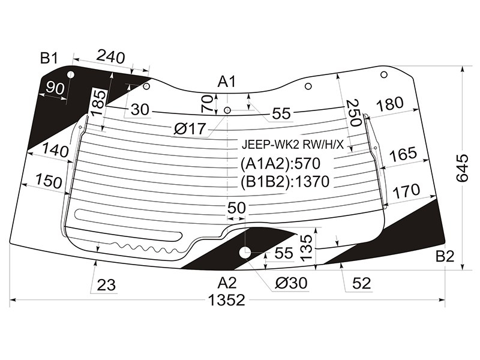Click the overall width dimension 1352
pyautogui.click(x=227, y=301)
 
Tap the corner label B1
pyautogui.click(x=49, y=58)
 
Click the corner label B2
pyautogui.click(x=445, y=256)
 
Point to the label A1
pyautogui.click(x=227, y=82)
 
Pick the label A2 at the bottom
pyautogui.click(x=227, y=283)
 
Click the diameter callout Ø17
pyautogui.click(x=190, y=129)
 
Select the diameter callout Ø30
pyautogui.click(x=291, y=283)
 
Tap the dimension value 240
pyautogui.click(x=110, y=57)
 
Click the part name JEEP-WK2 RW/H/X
pyautogui.click(x=293, y=145)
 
